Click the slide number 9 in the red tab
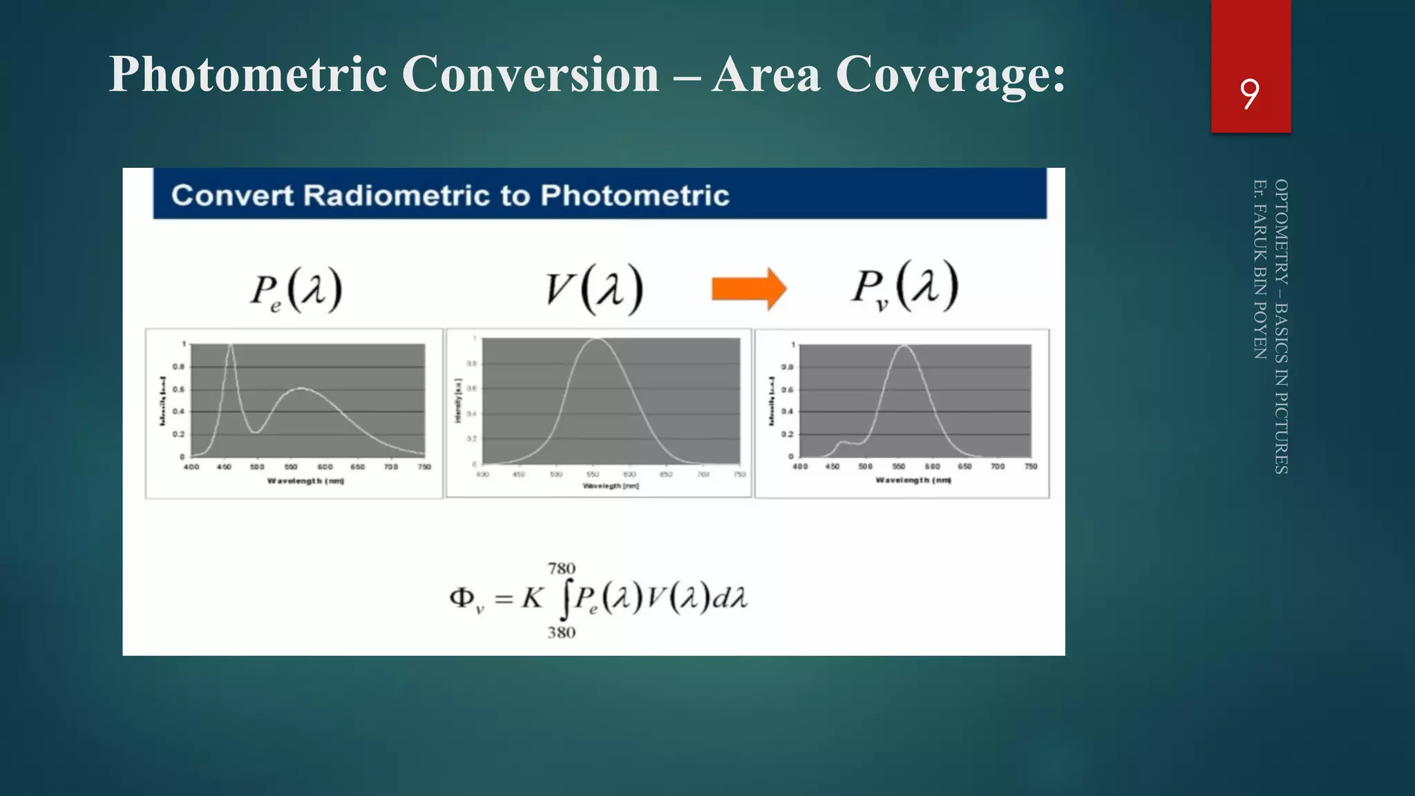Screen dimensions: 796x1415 [1249, 94]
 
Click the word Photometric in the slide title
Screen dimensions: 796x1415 [247, 74]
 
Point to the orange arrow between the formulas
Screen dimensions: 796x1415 [749, 288]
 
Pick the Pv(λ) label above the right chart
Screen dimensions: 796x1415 [904, 287]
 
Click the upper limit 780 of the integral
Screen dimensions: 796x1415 [561, 569]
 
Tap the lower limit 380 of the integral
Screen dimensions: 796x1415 [561, 632]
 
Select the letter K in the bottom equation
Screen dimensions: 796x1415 [532, 598]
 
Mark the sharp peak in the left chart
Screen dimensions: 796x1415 [230, 345]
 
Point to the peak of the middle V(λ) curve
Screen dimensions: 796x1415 [596, 339]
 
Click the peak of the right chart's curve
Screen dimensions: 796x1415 [904, 346]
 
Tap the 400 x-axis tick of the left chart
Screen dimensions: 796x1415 [191, 467]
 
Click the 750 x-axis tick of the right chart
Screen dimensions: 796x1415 [1031, 467]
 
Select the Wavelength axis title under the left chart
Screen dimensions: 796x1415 [305, 481]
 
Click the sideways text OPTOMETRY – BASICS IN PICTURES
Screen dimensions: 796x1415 [1280, 326]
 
